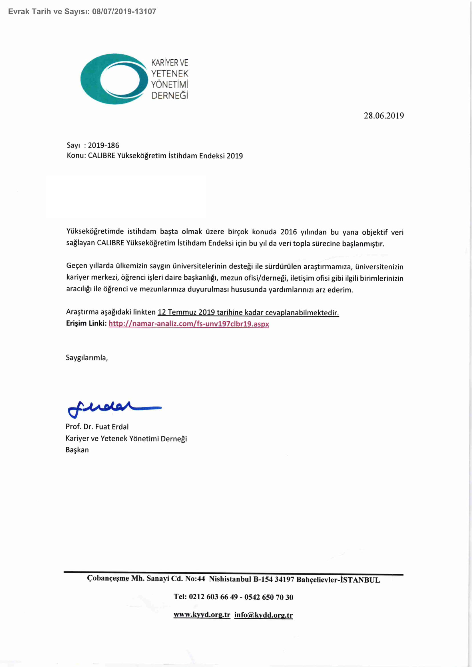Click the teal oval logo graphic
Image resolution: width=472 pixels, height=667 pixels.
pos(113,79)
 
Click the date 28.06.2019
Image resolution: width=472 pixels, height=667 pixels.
pos(384,116)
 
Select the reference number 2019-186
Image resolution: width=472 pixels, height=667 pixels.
pos(103,145)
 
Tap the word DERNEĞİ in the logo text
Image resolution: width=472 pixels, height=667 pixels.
pos(170,96)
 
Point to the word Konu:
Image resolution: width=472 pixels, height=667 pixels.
pos(77,156)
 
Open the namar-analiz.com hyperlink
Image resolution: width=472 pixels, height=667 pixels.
pos(189,324)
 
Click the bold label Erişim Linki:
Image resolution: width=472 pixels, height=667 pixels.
pos(86,323)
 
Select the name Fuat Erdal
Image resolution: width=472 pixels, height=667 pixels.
pos(112,427)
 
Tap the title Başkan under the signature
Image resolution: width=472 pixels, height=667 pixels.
pos(77,450)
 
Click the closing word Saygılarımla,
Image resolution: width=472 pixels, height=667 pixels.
pos(87,358)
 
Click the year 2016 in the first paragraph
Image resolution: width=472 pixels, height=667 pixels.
pos(288,232)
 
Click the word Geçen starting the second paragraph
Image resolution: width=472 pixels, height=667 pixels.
pos(77,266)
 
